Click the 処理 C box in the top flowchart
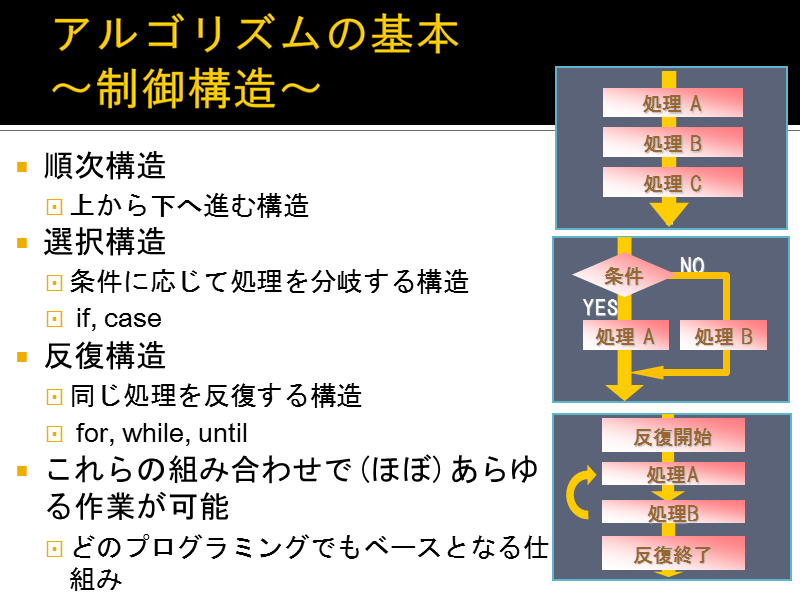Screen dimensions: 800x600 click(672, 182)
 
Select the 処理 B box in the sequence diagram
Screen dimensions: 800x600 click(672, 142)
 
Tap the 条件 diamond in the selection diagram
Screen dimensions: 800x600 click(623, 275)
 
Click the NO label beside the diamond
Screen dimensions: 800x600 click(692, 265)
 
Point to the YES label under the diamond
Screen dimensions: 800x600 click(600, 308)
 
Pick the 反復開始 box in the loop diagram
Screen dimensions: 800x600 click(673, 435)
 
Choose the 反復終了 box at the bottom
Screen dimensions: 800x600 click(673, 553)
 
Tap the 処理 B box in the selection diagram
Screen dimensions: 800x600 click(723, 335)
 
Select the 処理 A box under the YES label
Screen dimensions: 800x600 click(626, 335)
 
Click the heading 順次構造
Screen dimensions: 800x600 click(105, 166)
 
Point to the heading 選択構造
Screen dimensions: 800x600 click(105, 241)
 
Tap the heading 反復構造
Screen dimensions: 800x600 click(105, 356)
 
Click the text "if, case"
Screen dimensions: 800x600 click(119, 319)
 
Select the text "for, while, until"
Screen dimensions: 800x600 click(162, 433)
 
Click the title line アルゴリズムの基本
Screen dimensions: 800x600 click(256, 34)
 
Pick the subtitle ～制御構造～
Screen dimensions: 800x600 click(186, 88)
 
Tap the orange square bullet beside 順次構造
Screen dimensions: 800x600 click(22, 167)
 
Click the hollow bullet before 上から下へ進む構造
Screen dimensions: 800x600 click(54, 207)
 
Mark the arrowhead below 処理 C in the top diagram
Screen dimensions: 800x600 click(669, 214)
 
